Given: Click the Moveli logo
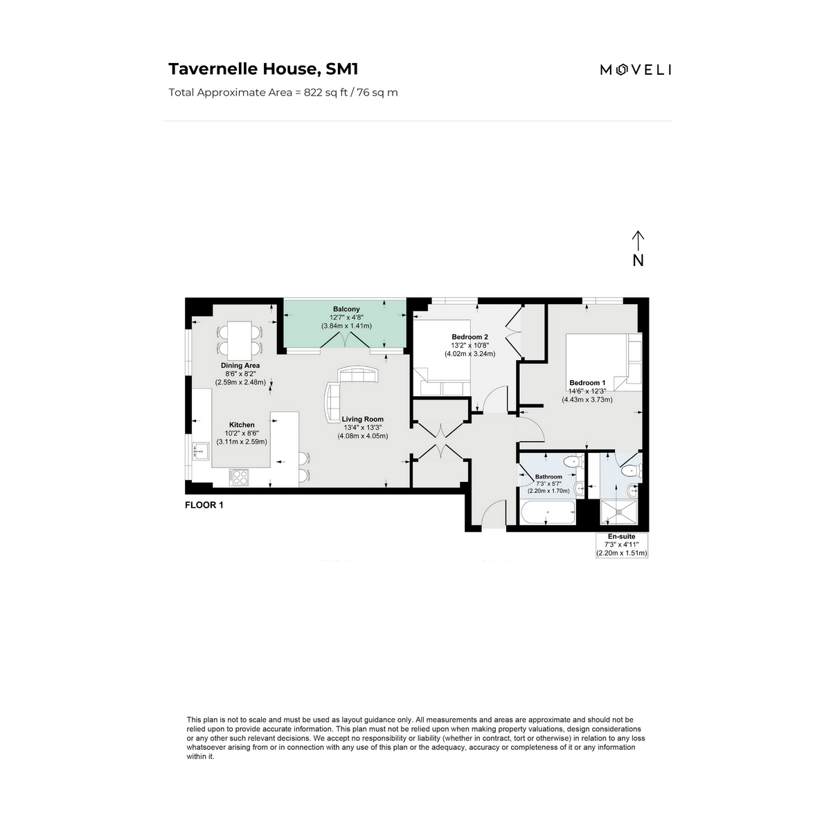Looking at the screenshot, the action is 635,69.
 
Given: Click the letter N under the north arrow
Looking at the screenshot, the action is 638,260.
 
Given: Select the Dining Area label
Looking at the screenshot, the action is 240,365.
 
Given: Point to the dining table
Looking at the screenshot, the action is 240,339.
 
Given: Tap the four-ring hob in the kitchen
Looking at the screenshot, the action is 240,477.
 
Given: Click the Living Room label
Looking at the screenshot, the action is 362,419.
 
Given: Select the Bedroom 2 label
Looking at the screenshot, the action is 470,337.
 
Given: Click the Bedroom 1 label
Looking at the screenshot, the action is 587,383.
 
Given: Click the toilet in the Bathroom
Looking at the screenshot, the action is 572,463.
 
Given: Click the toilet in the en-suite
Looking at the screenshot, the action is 630,471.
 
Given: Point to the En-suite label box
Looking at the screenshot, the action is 622,545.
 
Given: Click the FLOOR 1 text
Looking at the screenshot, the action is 204,505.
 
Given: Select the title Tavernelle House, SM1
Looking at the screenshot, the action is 263,69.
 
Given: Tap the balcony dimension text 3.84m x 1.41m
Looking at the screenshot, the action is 346,325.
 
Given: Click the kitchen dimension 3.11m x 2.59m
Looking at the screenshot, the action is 242,441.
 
